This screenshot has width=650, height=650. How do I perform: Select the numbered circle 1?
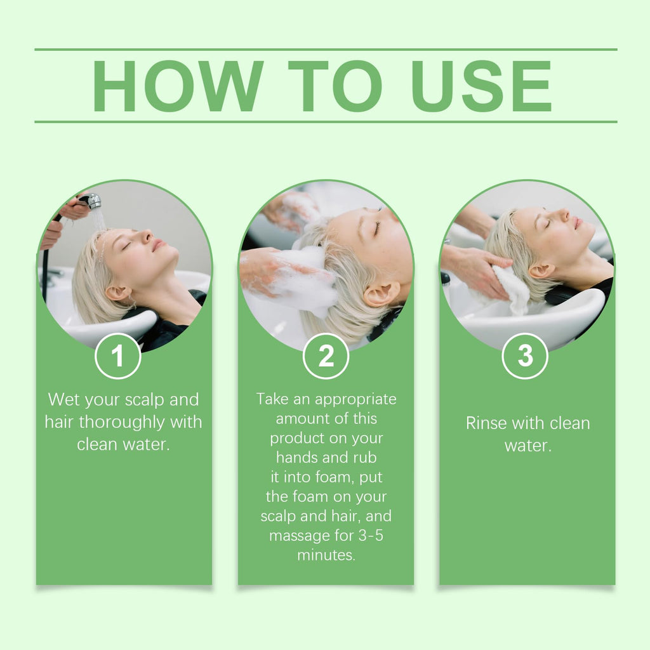[118, 356]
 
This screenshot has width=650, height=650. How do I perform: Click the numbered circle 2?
[326, 356]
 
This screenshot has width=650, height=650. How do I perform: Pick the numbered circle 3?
[525, 356]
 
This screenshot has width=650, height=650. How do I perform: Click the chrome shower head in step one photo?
[92, 201]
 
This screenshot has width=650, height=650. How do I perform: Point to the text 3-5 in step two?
[371, 535]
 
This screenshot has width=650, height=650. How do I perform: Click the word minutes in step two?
[326, 555]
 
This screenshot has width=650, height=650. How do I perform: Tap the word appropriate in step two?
[355, 400]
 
